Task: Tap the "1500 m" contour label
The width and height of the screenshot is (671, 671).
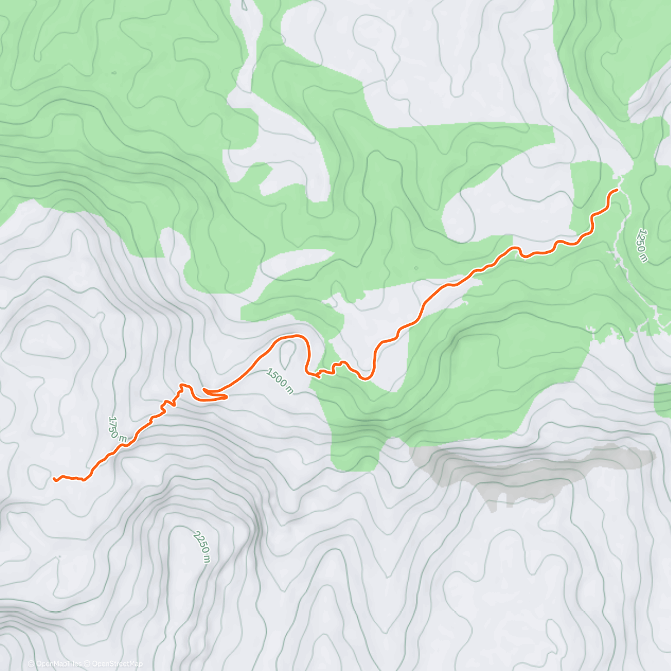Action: (x=280, y=380)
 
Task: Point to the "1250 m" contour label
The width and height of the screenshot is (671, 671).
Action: (x=643, y=245)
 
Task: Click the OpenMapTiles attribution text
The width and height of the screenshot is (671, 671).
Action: (x=59, y=664)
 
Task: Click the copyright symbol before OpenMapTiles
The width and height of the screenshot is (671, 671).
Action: (x=31, y=664)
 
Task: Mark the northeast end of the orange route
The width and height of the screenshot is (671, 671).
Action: (x=616, y=191)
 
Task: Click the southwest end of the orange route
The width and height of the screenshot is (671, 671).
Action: (x=55, y=479)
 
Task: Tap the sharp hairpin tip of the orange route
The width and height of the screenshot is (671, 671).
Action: (x=226, y=398)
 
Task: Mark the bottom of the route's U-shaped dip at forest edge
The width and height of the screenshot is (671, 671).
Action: (x=366, y=379)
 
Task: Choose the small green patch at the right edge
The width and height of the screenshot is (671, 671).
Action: (x=663, y=400)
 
